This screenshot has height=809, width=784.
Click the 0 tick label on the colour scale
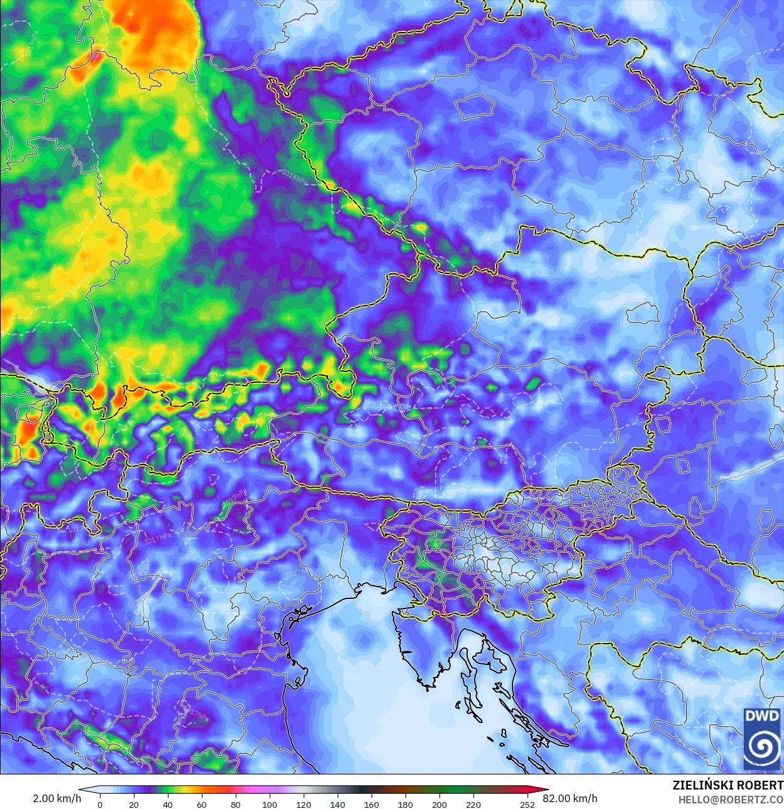point(100,804)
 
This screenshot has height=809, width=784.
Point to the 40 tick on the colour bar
point(168,804)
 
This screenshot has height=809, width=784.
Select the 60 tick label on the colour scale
point(202,804)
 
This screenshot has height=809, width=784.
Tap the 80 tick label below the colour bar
point(236,804)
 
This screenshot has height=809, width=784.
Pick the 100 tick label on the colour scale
point(270,804)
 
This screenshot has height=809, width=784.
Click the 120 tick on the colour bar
point(304,804)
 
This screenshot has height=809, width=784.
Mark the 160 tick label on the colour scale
point(372,804)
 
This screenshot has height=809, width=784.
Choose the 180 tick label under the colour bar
point(406,804)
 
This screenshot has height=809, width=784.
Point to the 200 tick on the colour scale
point(439,804)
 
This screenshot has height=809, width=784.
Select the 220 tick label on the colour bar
point(473,804)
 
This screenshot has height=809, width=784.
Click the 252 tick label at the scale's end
point(527,804)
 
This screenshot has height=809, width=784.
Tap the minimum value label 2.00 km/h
point(57,798)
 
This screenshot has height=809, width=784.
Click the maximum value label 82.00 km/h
point(570,798)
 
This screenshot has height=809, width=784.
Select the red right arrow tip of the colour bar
point(544,790)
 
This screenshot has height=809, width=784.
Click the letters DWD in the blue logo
point(762,716)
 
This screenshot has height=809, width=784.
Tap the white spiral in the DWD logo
point(762,747)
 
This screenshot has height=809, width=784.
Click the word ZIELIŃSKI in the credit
point(702,785)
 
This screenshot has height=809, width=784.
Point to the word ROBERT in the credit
point(760,785)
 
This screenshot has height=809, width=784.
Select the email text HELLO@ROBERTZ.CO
point(731,800)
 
